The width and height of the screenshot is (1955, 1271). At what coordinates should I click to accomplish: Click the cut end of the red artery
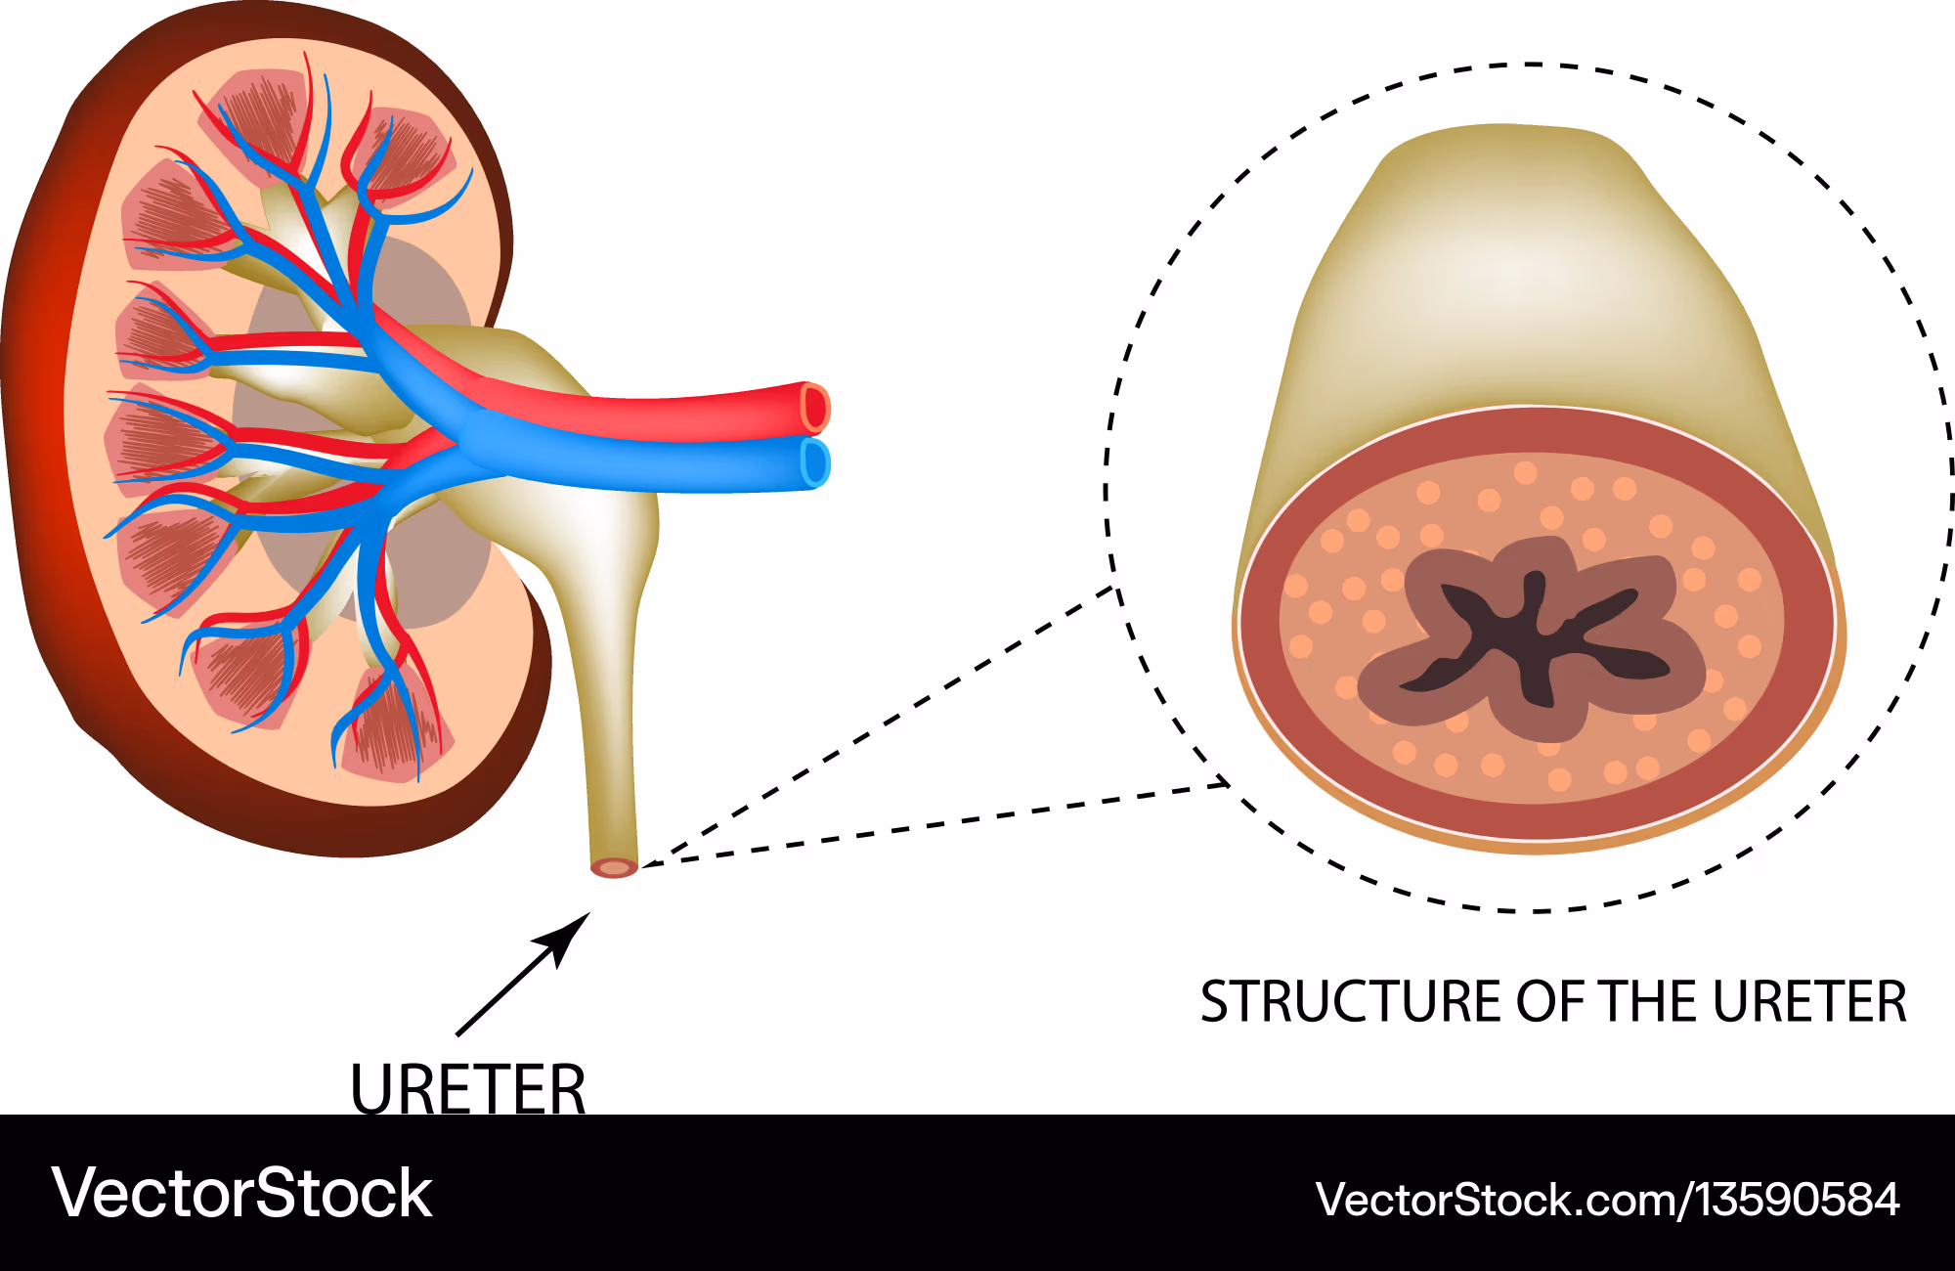(x=814, y=408)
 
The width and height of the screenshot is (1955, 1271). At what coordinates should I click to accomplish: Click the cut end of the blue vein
(x=814, y=462)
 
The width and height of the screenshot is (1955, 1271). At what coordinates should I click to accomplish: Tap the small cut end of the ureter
(x=614, y=867)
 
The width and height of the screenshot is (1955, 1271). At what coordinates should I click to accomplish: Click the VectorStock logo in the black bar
(x=241, y=1194)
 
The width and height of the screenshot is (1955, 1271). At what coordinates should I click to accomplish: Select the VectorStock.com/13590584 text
(x=1607, y=1200)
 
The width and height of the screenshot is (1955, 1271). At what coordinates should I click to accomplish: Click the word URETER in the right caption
(x=1809, y=1002)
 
